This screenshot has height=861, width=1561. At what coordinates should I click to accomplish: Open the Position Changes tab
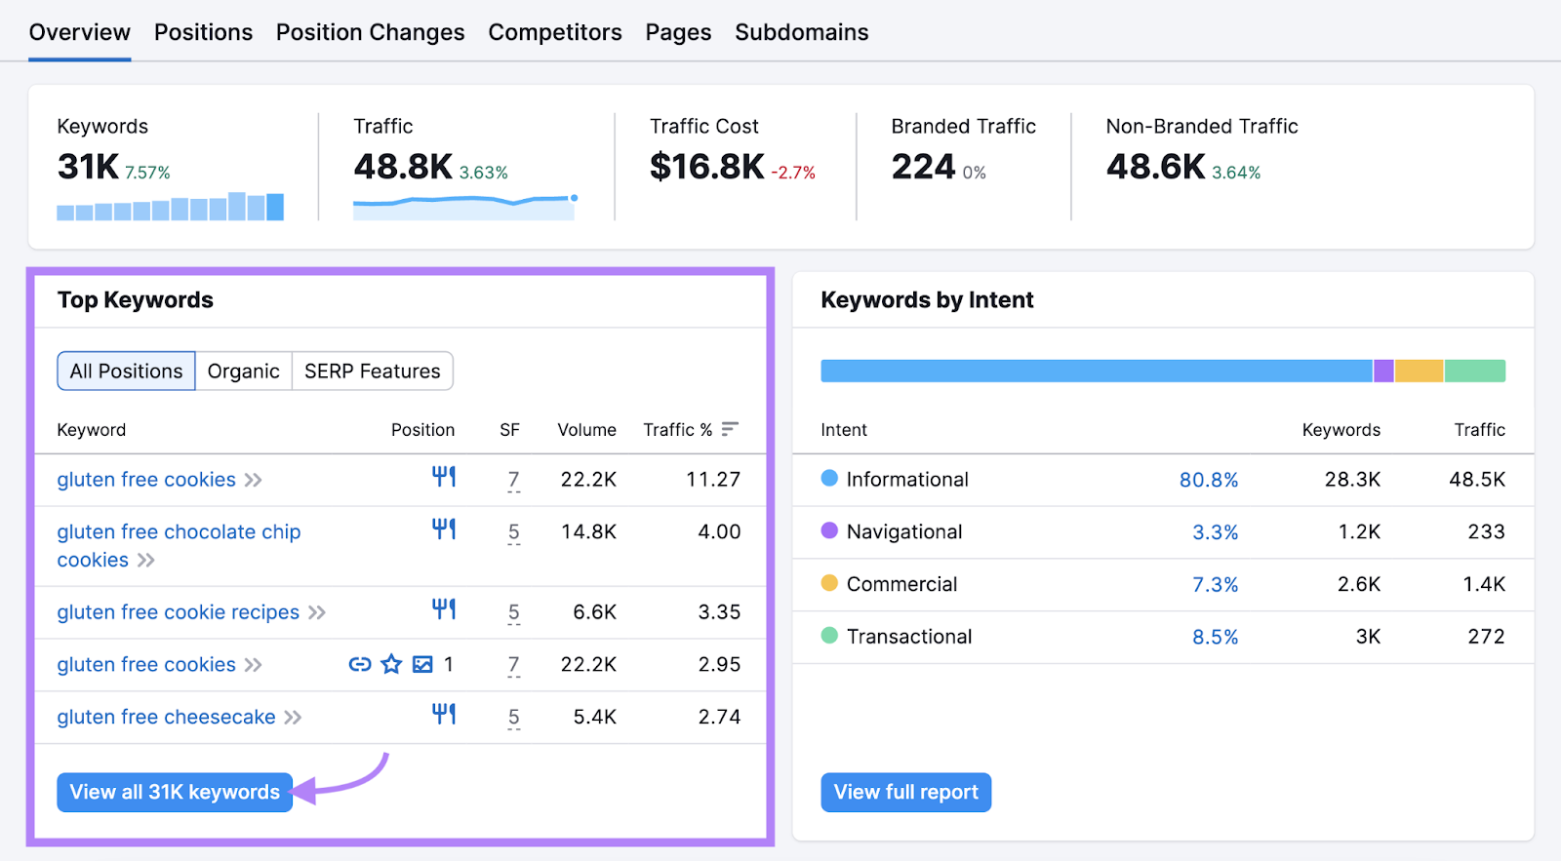pyautogui.click(x=370, y=32)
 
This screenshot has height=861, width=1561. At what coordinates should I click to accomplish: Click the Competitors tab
pyautogui.click(x=554, y=32)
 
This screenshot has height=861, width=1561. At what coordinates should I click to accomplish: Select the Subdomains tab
pyautogui.click(x=801, y=32)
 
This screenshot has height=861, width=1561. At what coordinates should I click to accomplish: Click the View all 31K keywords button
pyautogui.click(x=175, y=792)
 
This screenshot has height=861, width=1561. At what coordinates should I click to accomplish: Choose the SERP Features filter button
pyautogui.click(x=372, y=372)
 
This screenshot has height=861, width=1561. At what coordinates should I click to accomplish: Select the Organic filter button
pyautogui.click(x=243, y=372)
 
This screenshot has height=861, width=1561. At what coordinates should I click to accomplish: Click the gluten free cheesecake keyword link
pyautogui.click(x=166, y=717)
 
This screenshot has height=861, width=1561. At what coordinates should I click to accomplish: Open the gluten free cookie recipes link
pyautogui.click(x=178, y=612)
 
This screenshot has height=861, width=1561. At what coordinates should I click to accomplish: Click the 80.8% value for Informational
pyautogui.click(x=1208, y=480)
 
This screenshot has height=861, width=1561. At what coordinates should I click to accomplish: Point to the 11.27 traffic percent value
pyautogui.click(x=712, y=480)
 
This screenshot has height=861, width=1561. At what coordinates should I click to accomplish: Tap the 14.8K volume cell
pyautogui.click(x=587, y=532)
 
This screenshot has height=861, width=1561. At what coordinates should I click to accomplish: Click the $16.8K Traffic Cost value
pyautogui.click(x=706, y=167)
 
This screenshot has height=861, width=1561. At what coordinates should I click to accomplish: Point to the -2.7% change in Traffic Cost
pyautogui.click(x=792, y=173)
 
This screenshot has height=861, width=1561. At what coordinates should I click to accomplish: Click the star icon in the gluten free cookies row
pyautogui.click(x=391, y=664)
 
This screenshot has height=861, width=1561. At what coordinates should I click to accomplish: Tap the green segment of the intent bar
pyautogui.click(x=1474, y=371)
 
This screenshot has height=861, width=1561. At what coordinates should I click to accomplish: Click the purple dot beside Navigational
pyautogui.click(x=829, y=530)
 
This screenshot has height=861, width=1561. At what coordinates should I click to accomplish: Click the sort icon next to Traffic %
pyautogui.click(x=730, y=429)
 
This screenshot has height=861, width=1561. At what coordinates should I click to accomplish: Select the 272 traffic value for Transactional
pyautogui.click(x=1486, y=637)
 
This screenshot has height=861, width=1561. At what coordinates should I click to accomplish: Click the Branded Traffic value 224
pyautogui.click(x=923, y=167)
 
